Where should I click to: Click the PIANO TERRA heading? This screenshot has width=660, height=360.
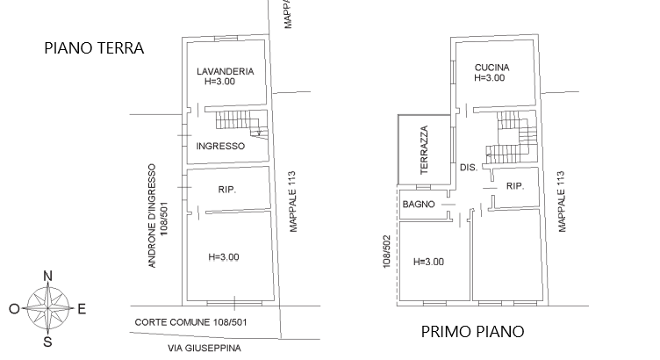94,48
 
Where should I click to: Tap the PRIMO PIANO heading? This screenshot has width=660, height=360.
473,332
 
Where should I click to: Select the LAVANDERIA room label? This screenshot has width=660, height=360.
226,71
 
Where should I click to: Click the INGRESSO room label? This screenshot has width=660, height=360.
220,146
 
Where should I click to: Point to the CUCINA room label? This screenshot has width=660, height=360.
492,68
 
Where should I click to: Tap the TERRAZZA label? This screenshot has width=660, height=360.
424,150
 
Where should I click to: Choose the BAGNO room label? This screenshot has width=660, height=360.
419,205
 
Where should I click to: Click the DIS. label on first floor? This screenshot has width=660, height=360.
469,168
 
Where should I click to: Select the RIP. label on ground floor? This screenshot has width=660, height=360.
226,190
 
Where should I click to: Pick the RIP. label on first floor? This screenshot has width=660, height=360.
515,186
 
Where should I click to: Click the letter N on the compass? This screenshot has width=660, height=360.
48,277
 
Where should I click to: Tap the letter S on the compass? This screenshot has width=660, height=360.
48,342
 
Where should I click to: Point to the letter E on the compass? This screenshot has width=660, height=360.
82,309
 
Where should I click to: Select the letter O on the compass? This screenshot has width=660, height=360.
14,309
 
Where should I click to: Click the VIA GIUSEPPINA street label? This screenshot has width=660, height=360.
204,349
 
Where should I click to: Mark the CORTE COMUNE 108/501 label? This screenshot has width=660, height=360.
190,322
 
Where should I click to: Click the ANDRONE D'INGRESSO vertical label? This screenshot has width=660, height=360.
152,216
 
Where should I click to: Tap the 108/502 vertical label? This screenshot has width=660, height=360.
387,251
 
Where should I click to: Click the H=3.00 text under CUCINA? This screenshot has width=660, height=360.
489,78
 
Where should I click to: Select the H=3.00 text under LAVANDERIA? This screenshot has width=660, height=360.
219,82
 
